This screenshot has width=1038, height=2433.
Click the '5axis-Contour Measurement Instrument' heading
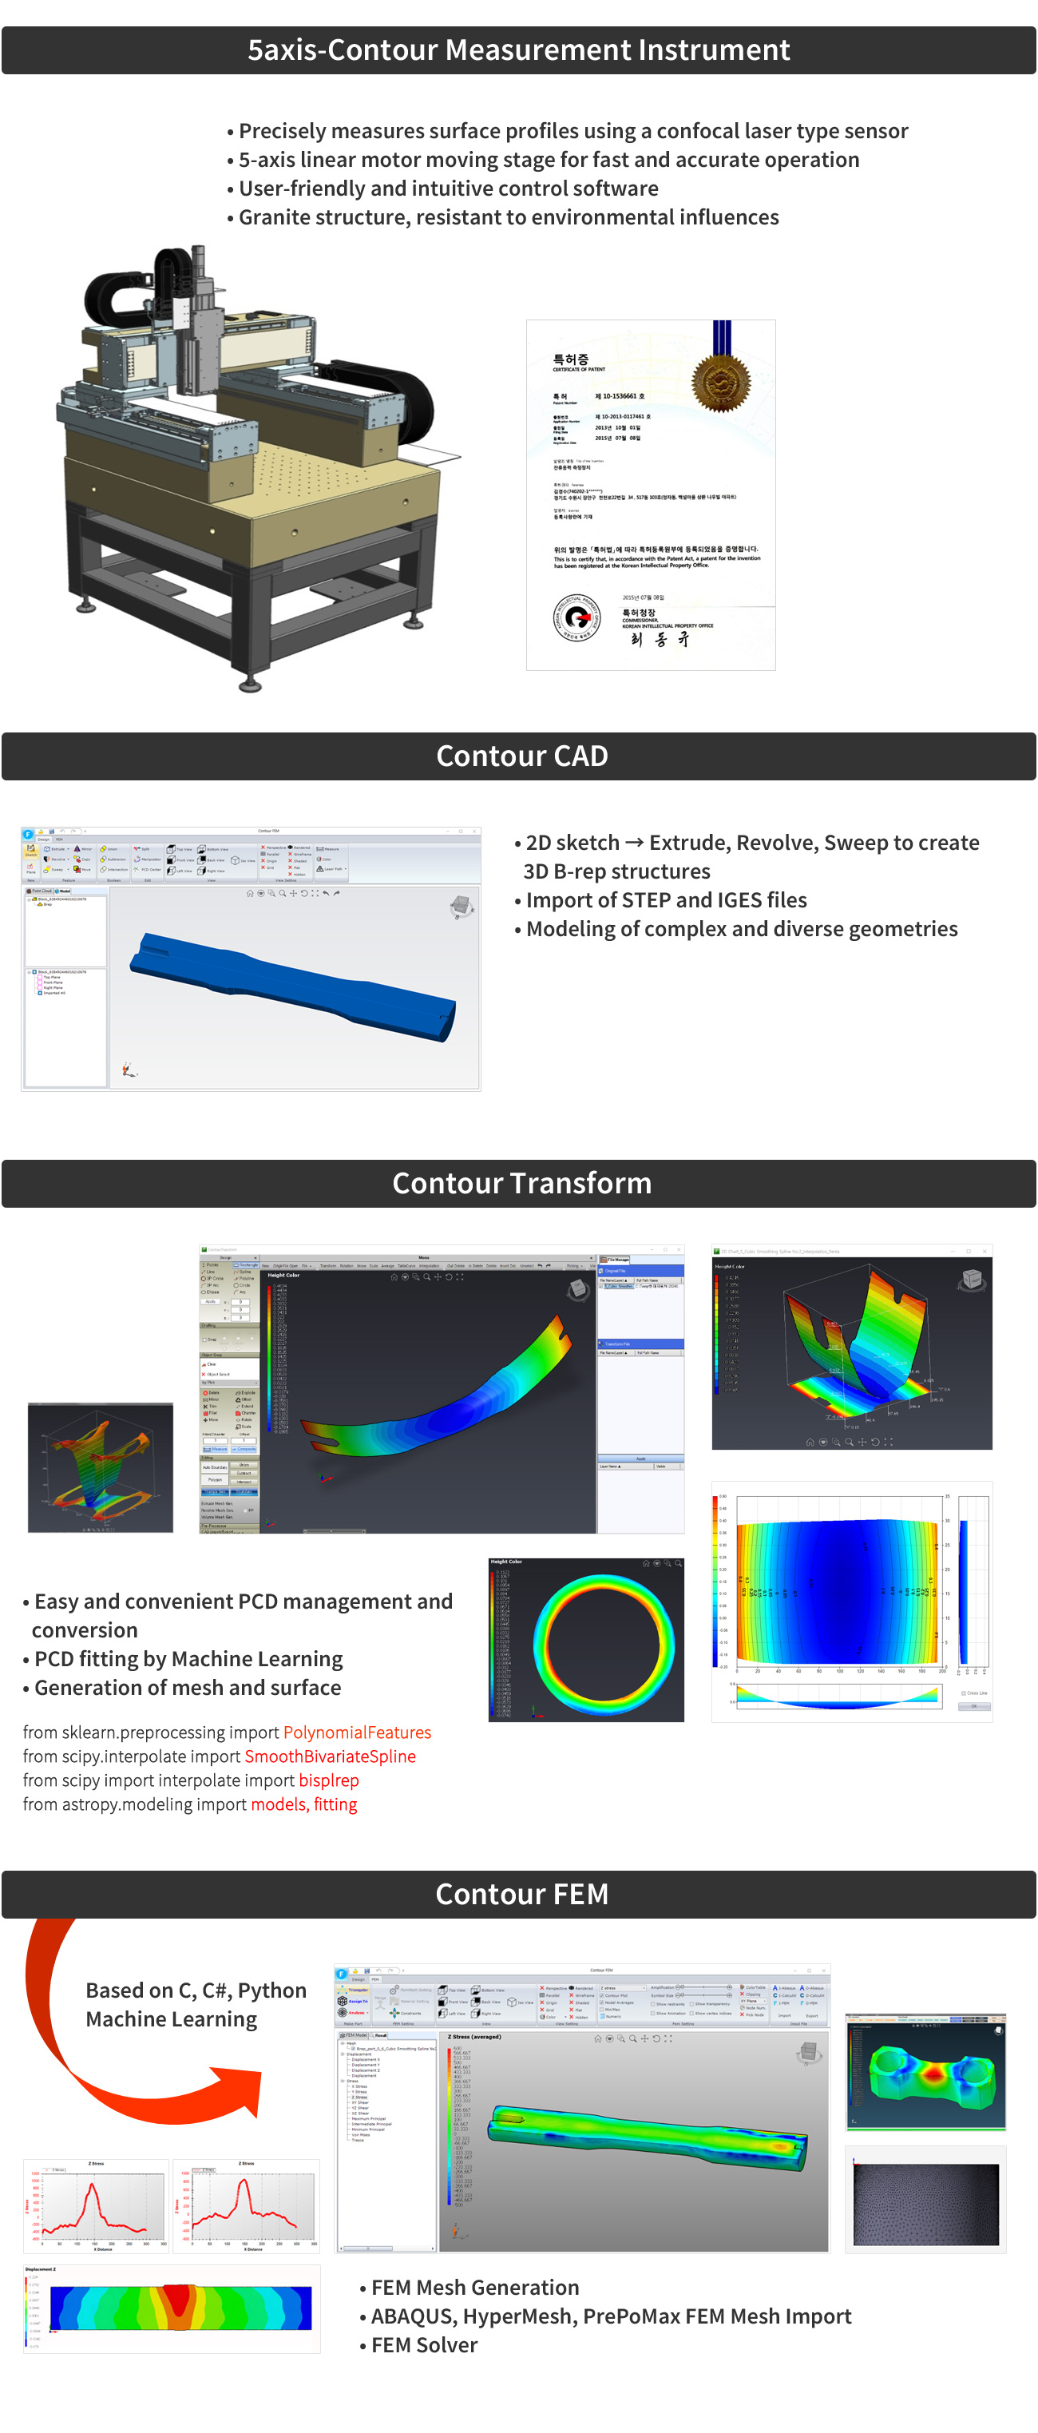click(518, 50)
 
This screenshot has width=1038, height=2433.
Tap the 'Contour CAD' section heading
click(521, 756)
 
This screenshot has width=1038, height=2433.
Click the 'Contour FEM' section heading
click(521, 1893)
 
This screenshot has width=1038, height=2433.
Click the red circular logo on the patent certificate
click(577, 619)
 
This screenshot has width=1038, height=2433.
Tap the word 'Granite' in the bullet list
click(274, 217)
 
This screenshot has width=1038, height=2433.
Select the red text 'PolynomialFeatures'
click(357, 1732)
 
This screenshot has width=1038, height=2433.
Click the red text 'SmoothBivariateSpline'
click(330, 1756)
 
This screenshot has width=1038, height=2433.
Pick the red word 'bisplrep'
click(329, 1780)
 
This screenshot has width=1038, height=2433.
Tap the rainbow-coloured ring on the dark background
click(604, 1642)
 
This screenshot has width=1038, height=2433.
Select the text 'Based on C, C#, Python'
click(196, 1990)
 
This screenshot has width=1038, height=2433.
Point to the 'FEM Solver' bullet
click(423, 2345)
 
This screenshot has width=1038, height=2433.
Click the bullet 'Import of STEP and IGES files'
click(666, 900)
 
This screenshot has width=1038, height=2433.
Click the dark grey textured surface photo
click(925, 2205)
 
